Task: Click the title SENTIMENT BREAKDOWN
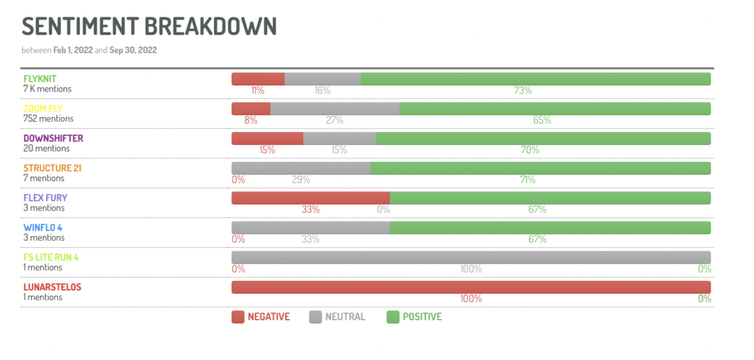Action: click(x=149, y=26)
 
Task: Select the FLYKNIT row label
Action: click(x=40, y=79)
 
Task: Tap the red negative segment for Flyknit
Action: click(x=258, y=79)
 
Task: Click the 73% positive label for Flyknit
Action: click(x=522, y=91)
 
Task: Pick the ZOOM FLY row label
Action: click(x=43, y=109)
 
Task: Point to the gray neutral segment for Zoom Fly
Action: click(x=335, y=109)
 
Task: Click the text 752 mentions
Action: click(x=48, y=119)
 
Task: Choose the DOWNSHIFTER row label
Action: click(x=53, y=138)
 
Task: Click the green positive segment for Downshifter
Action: click(x=543, y=138)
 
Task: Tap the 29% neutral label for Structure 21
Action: click(x=301, y=180)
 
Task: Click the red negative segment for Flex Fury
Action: click(x=310, y=198)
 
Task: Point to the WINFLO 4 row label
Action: click(x=43, y=228)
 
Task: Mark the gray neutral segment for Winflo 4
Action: click(x=310, y=228)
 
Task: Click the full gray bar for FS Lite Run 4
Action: click(x=471, y=257)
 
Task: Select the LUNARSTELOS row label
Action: click(x=52, y=287)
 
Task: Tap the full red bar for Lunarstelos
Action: click(x=471, y=287)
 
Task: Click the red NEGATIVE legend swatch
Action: click(x=238, y=317)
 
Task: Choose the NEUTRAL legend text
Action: click(x=345, y=317)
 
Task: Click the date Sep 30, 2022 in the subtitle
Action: click(x=133, y=50)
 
